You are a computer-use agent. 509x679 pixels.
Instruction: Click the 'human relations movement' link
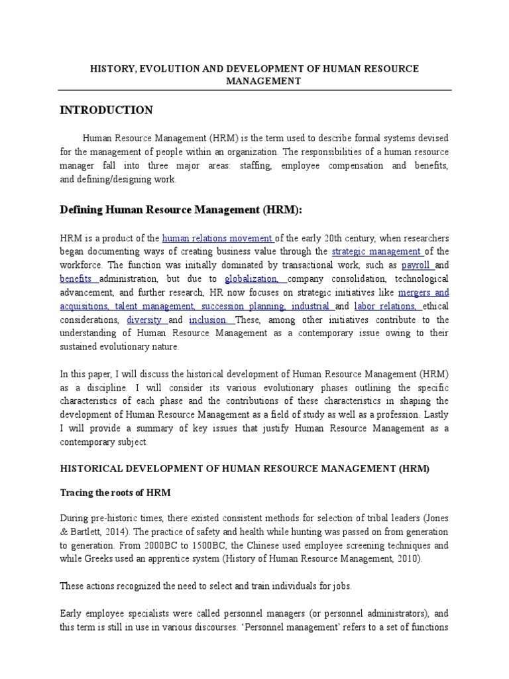click(218, 238)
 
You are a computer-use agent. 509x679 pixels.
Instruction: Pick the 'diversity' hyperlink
click(145, 320)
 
